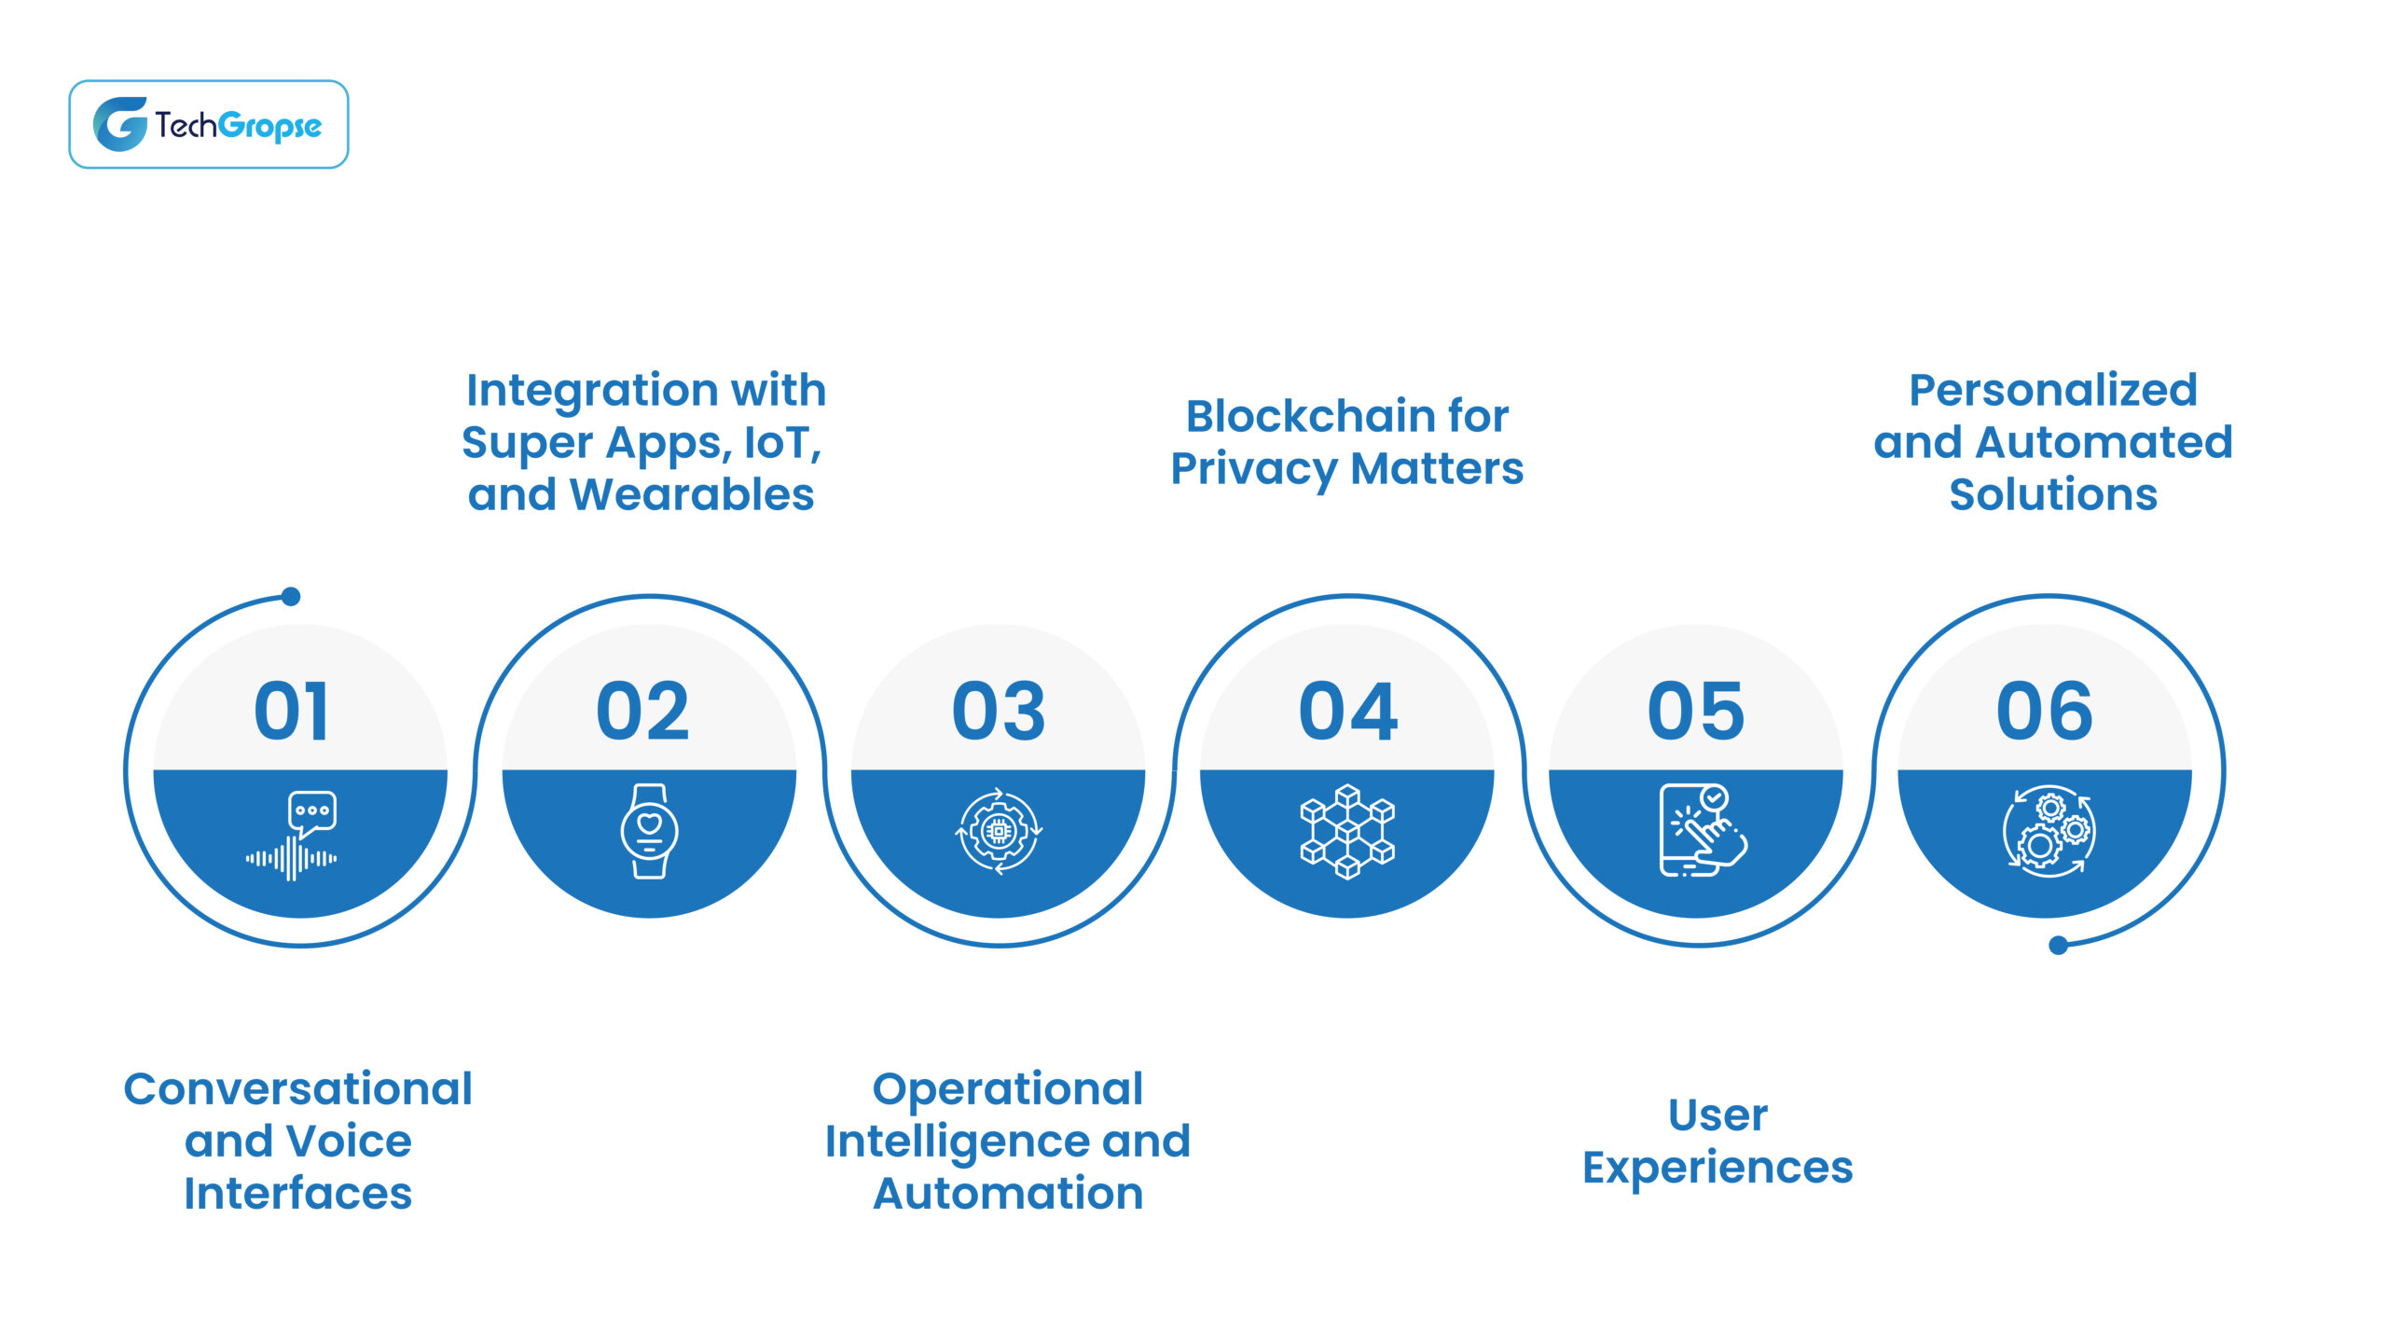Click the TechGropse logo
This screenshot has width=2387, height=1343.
208,124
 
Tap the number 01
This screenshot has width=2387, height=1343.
292,712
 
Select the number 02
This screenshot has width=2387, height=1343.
642,712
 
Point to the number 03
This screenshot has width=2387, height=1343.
998,712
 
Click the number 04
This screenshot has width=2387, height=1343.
1347,712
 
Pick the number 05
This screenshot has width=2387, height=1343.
1695,712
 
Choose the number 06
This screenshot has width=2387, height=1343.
2044,712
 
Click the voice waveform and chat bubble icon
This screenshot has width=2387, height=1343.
293,836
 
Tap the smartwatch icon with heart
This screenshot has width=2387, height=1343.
649,831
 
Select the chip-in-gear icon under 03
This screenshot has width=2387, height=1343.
999,831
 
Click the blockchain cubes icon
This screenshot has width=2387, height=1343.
1347,831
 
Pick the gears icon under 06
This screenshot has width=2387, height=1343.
2049,831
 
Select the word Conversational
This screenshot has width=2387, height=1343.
298,1088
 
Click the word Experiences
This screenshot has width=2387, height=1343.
1718,1168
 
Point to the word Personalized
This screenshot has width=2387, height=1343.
2053,390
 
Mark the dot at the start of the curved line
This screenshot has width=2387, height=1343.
291,597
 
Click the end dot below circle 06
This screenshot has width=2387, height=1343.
2059,946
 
